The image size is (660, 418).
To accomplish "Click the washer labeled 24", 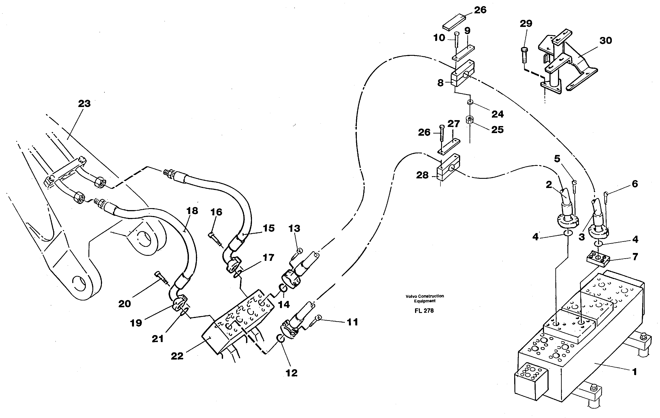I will pos(470,102).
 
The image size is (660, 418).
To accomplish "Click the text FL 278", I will pos(424,311).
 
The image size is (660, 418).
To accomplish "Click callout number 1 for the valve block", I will pos(634,372).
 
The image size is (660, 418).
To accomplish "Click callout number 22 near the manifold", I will pos(177,356).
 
